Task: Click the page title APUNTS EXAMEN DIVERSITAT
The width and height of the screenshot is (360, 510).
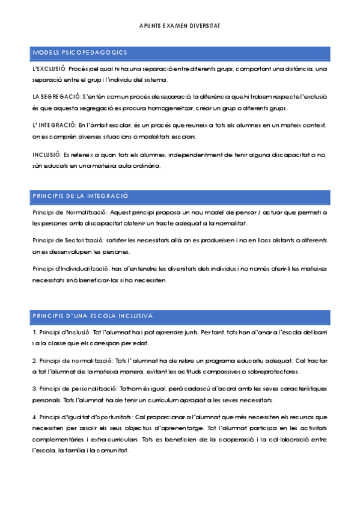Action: point(180,26)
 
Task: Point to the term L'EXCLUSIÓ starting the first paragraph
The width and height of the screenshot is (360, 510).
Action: point(51,69)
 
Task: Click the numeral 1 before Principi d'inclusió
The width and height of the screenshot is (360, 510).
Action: point(34,332)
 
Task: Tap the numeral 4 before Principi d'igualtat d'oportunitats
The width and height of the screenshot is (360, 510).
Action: point(34,417)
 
